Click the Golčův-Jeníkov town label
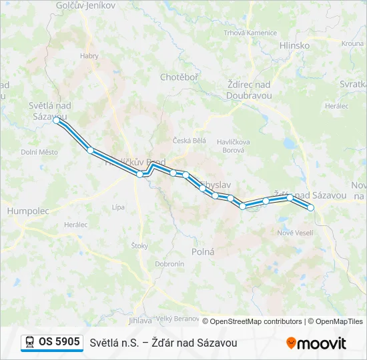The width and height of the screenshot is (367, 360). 86,5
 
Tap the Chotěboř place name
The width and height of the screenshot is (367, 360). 179,77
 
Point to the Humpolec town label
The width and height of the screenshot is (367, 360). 28,211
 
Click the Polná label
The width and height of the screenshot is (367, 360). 203,252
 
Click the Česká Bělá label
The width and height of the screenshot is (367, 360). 190,141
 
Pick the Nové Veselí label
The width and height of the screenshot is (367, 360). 295,232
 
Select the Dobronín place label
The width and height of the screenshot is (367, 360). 169,264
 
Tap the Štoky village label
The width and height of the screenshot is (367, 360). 139,246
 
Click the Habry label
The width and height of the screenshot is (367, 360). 89,56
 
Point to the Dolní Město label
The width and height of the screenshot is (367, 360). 39,152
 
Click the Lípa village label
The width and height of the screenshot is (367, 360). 118,207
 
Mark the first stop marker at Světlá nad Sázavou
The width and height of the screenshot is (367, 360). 57,121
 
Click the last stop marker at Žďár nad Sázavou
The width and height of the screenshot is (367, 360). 310,207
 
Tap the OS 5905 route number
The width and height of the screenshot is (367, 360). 59,342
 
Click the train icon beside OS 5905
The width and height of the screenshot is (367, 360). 30,342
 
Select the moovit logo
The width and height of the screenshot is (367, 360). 316,343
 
